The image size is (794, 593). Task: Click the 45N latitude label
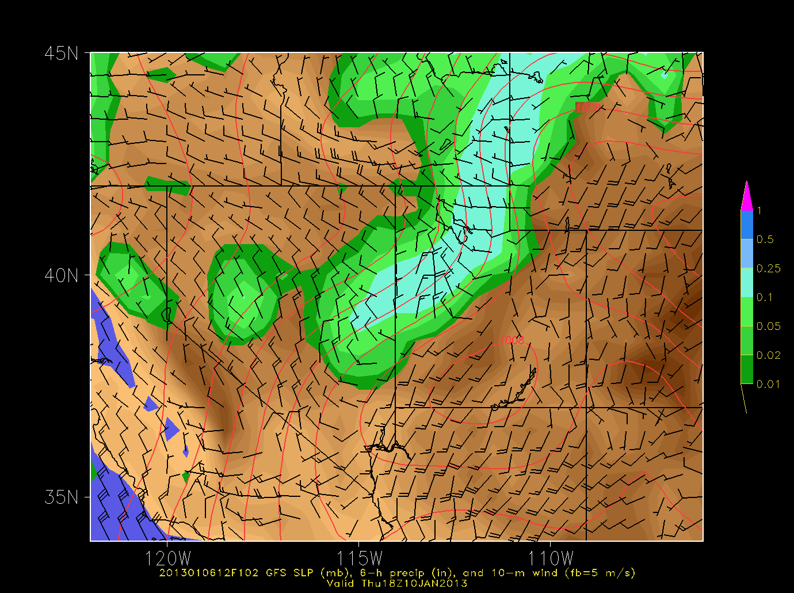[61, 54]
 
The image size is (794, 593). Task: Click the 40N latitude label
[61, 275]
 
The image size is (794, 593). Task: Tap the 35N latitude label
[61, 497]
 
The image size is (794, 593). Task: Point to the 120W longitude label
[167, 557]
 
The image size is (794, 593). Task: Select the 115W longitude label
[359, 557]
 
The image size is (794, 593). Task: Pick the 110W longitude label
[551, 557]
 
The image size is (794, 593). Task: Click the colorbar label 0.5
[765, 240]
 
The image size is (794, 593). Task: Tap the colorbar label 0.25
[768, 268]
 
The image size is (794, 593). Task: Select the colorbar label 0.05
[768, 326]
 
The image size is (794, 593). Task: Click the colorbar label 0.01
[768, 384]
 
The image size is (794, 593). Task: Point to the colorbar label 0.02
[768, 355]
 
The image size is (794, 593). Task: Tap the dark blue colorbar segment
[746, 225]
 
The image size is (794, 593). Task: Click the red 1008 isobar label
[511, 340]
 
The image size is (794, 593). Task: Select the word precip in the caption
[408, 573]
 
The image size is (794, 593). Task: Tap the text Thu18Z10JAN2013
[414, 583]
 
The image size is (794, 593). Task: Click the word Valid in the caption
[341, 583]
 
